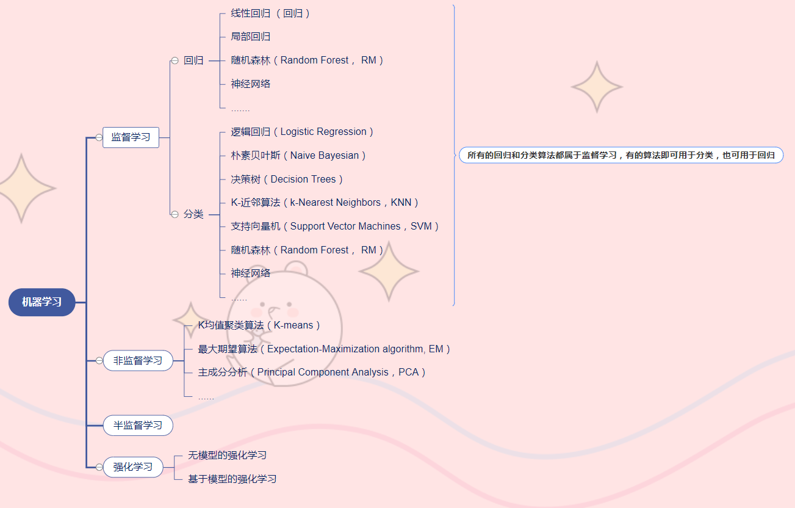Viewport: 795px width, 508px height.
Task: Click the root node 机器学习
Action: click(41, 302)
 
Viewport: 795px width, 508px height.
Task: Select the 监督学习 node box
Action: click(131, 137)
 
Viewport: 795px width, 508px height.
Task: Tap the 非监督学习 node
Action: click(138, 361)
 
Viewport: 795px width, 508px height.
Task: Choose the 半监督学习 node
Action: click(138, 425)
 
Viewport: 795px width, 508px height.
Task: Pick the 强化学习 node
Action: click(133, 467)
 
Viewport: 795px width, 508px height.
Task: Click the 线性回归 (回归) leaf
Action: click(270, 13)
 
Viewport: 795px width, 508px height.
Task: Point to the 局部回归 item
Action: click(251, 37)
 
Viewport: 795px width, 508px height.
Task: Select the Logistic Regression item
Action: click(302, 132)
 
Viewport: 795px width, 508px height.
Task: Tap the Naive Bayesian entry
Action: click(298, 156)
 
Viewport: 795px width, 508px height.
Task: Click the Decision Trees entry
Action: click(287, 180)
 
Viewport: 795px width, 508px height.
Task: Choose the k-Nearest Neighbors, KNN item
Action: click(325, 203)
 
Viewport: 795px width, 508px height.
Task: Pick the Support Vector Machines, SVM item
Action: click(335, 227)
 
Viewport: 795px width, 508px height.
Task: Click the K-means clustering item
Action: click(259, 325)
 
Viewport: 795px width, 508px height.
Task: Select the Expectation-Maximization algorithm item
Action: click(324, 349)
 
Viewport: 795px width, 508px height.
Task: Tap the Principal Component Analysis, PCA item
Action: click(312, 372)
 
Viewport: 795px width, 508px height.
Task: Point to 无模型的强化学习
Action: click(227, 455)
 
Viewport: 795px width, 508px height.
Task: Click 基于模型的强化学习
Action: click(232, 479)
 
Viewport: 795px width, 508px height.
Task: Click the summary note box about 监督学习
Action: click(621, 156)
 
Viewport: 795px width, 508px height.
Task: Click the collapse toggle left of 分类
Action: click(174, 214)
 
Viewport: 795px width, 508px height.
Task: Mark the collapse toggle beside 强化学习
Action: click(99, 467)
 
